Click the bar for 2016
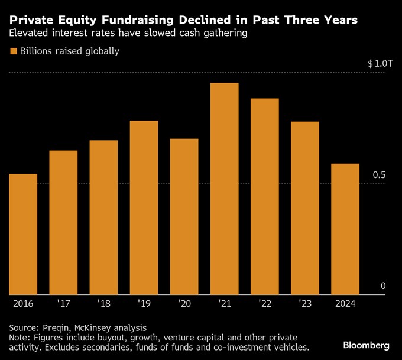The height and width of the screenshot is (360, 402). click(23, 233)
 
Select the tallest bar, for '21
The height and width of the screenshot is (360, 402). click(224, 188)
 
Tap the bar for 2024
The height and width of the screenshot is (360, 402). click(345, 228)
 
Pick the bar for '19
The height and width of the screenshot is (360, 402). click(144, 207)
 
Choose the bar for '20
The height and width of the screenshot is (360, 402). click(184, 216)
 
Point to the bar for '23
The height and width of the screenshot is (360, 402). click(304, 207)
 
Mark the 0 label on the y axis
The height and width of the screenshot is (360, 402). click(382, 286)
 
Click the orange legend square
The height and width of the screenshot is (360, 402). click(13, 51)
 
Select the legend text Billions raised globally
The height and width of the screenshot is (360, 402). click(70, 51)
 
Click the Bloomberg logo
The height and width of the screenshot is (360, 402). click(366, 345)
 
